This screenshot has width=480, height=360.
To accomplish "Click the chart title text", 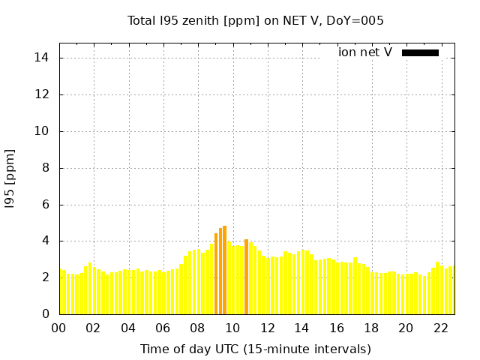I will pyautogui.click(x=256, y=21).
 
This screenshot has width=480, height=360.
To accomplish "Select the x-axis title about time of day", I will pyautogui.click(x=256, y=349).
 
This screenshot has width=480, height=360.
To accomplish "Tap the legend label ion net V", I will pyautogui.click(x=365, y=52).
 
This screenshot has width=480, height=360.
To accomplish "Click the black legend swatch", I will pyautogui.click(x=420, y=52).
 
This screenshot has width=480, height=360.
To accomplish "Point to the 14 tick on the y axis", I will pyautogui.click(x=43, y=58).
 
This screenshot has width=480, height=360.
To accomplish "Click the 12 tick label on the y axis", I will pyautogui.click(x=43, y=94).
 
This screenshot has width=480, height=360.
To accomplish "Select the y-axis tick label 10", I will pyautogui.click(x=43, y=131).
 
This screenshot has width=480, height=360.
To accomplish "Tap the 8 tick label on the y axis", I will pyautogui.click(x=46, y=168).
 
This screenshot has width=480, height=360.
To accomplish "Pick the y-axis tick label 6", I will pyautogui.click(x=46, y=204).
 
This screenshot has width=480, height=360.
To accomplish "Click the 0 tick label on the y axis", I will pyautogui.click(x=46, y=314).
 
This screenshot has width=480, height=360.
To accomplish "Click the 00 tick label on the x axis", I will pyautogui.click(x=58, y=328).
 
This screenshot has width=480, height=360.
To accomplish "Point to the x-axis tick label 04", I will pyautogui.click(x=128, y=328).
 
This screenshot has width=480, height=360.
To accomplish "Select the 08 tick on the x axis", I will pyautogui.click(x=197, y=328).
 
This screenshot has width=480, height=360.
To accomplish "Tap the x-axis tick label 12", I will pyautogui.click(x=267, y=328).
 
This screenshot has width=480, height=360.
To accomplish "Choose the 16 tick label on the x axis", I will pyautogui.click(x=337, y=328).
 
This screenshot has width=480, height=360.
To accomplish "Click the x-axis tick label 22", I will pyautogui.click(x=441, y=328).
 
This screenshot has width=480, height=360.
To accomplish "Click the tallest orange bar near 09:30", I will pyautogui.click(x=224, y=270).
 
